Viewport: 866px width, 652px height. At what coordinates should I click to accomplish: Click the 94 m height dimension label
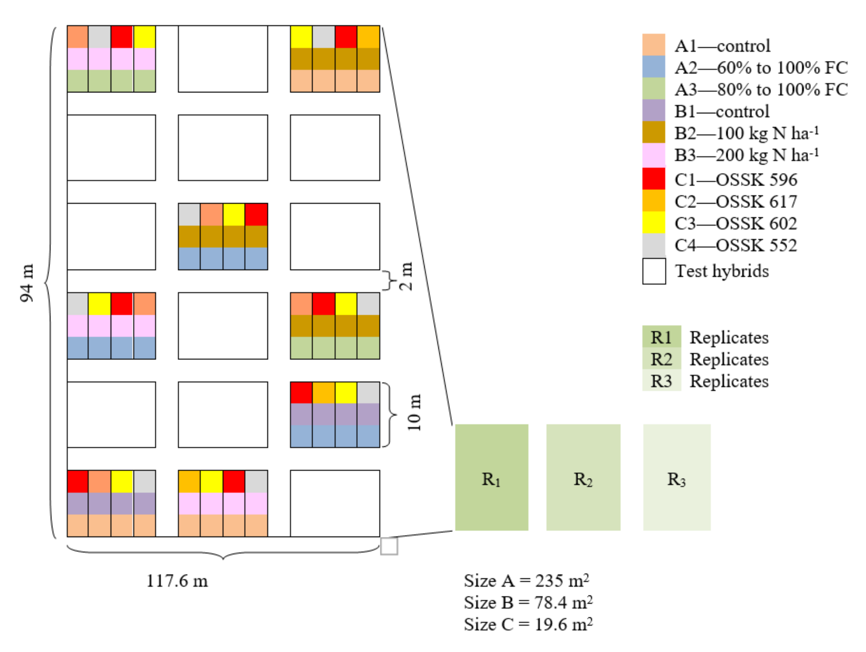pyautogui.click(x=27, y=283)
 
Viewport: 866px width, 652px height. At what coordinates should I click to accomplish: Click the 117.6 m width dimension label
pyautogui.click(x=177, y=581)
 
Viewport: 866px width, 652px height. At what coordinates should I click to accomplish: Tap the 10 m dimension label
pyautogui.click(x=414, y=413)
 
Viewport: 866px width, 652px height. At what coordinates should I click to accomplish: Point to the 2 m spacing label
pyautogui.click(x=406, y=276)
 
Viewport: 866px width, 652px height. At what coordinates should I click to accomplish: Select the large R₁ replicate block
pyautogui.click(x=492, y=477)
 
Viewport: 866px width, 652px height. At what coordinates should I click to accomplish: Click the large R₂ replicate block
pyautogui.click(x=583, y=477)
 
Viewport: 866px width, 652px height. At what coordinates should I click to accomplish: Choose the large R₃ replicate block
pyautogui.click(x=677, y=477)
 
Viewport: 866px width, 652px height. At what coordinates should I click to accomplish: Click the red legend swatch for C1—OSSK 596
pyautogui.click(x=654, y=179)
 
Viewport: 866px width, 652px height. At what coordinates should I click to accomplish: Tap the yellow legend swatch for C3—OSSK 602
pyautogui.click(x=654, y=222)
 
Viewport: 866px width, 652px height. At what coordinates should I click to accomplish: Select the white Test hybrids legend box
pyautogui.click(x=654, y=271)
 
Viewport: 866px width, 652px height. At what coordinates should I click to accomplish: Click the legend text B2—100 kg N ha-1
pyautogui.click(x=746, y=133)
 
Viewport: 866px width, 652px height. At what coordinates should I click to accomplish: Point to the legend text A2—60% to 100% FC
pyautogui.click(x=761, y=68)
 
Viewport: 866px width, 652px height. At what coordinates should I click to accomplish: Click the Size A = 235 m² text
pyautogui.click(x=527, y=581)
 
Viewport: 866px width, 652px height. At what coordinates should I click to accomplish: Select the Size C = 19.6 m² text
pyautogui.click(x=528, y=624)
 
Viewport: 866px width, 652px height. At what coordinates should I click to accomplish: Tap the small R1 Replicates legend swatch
pyautogui.click(x=661, y=337)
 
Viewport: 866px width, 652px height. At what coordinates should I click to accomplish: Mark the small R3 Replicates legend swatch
pyautogui.click(x=661, y=381)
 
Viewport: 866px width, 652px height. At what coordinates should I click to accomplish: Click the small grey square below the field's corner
pyautogui.click(x=389, y=546)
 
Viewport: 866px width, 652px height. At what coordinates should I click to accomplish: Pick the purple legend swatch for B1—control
pyautogui.click(x=654, y=111)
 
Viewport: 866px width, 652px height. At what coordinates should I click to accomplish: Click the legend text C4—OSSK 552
pyautogui.click(x=736, y=245)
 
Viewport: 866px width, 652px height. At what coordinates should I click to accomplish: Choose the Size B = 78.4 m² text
pyautogui.click(x=528, y=603)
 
